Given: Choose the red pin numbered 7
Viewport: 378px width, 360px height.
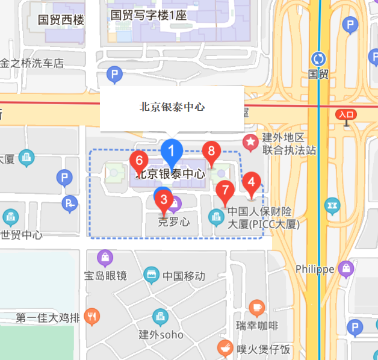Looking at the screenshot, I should (x=225, y=191).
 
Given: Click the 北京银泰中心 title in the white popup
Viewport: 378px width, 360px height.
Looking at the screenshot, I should (x=172, y=107).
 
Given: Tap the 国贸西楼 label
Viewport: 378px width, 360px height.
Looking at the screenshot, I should (x=61, y=19).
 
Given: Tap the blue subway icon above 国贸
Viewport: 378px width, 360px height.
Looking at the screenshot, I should (x=318, y=59).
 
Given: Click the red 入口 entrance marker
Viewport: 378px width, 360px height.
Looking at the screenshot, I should (x=346, y=114).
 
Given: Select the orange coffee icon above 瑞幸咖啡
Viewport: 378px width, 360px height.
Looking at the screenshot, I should (x=257, y=308).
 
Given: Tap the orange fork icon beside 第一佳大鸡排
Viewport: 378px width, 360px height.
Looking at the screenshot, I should (x=92, y=317).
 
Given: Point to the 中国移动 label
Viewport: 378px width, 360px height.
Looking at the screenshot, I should (x=184, y=276).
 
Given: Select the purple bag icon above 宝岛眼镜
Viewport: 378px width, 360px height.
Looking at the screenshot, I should (x=105, y=258).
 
